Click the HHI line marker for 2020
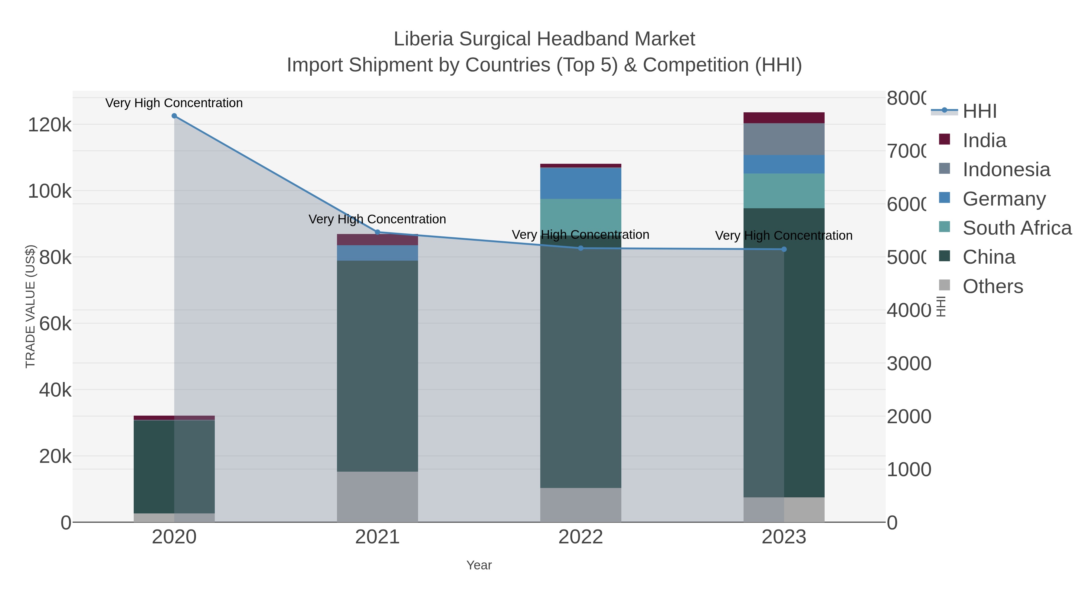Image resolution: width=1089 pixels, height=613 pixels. [x=174, y=116]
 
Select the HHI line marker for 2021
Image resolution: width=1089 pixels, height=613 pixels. [x=378, y=232]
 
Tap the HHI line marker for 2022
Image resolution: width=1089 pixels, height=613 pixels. [x=580, y=248]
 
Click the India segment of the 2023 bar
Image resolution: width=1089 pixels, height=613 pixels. [x=784, y=118]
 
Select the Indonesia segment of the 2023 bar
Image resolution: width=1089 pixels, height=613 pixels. [x=784, y=139]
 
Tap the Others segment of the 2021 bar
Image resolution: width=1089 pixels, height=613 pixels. [x=378, y=497]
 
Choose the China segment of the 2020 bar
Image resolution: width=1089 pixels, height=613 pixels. [x=174, y=466]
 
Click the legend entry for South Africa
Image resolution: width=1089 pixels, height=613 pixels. [x=1017, y=228]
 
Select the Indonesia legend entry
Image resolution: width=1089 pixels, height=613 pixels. [x=1006, y=170]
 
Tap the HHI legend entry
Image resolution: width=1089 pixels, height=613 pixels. [x=979, y=111]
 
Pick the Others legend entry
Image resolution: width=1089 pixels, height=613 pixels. [x=992, y=286]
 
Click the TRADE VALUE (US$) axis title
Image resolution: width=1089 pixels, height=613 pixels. [x=31, y=306]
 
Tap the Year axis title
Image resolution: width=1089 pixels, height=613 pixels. [x=479, y=565]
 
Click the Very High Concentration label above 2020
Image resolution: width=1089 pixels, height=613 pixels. [x=174, y=103]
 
